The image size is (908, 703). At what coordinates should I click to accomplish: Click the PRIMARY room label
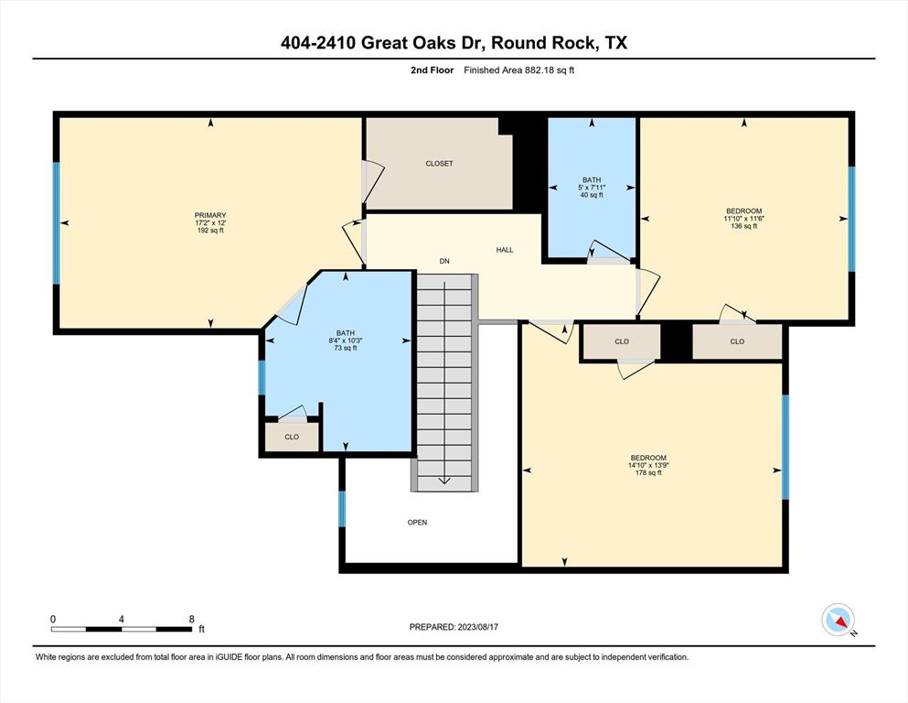click(x=210, y=215)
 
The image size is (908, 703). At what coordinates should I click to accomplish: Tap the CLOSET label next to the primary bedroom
click(x=439, y=164)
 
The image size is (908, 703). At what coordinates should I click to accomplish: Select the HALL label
click(x=505, y=250)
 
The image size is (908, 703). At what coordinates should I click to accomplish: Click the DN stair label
click(x=444, y=261)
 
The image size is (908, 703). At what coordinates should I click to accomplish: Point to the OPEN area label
click(x=417, y=522)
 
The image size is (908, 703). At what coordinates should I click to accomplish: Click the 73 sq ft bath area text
click(x=345, y=349)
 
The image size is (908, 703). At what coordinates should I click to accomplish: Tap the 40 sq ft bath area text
click(x=592, y=195)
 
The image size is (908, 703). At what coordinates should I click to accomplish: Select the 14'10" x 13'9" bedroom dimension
click(x=648, y=465)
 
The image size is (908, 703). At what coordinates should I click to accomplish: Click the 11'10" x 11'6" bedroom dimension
click(x=744, y=219)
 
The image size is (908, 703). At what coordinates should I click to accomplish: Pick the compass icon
click(x=838, y=620)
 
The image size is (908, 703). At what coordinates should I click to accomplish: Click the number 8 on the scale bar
click(x=192, y=619)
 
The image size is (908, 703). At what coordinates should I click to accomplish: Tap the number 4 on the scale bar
click(x=121, y=619)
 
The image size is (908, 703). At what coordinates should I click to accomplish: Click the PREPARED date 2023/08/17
click(x=477, y=626)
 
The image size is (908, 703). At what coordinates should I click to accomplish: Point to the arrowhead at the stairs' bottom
click(x=444, y=481)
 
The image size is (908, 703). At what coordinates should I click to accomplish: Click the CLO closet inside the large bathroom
click(x=292, y=437)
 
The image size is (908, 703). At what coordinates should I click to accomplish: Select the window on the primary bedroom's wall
click(x=56, y=223)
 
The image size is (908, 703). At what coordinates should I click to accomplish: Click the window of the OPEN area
click(x=342, y=509)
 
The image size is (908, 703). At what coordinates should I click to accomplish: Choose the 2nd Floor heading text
click(x=432, y=70)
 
